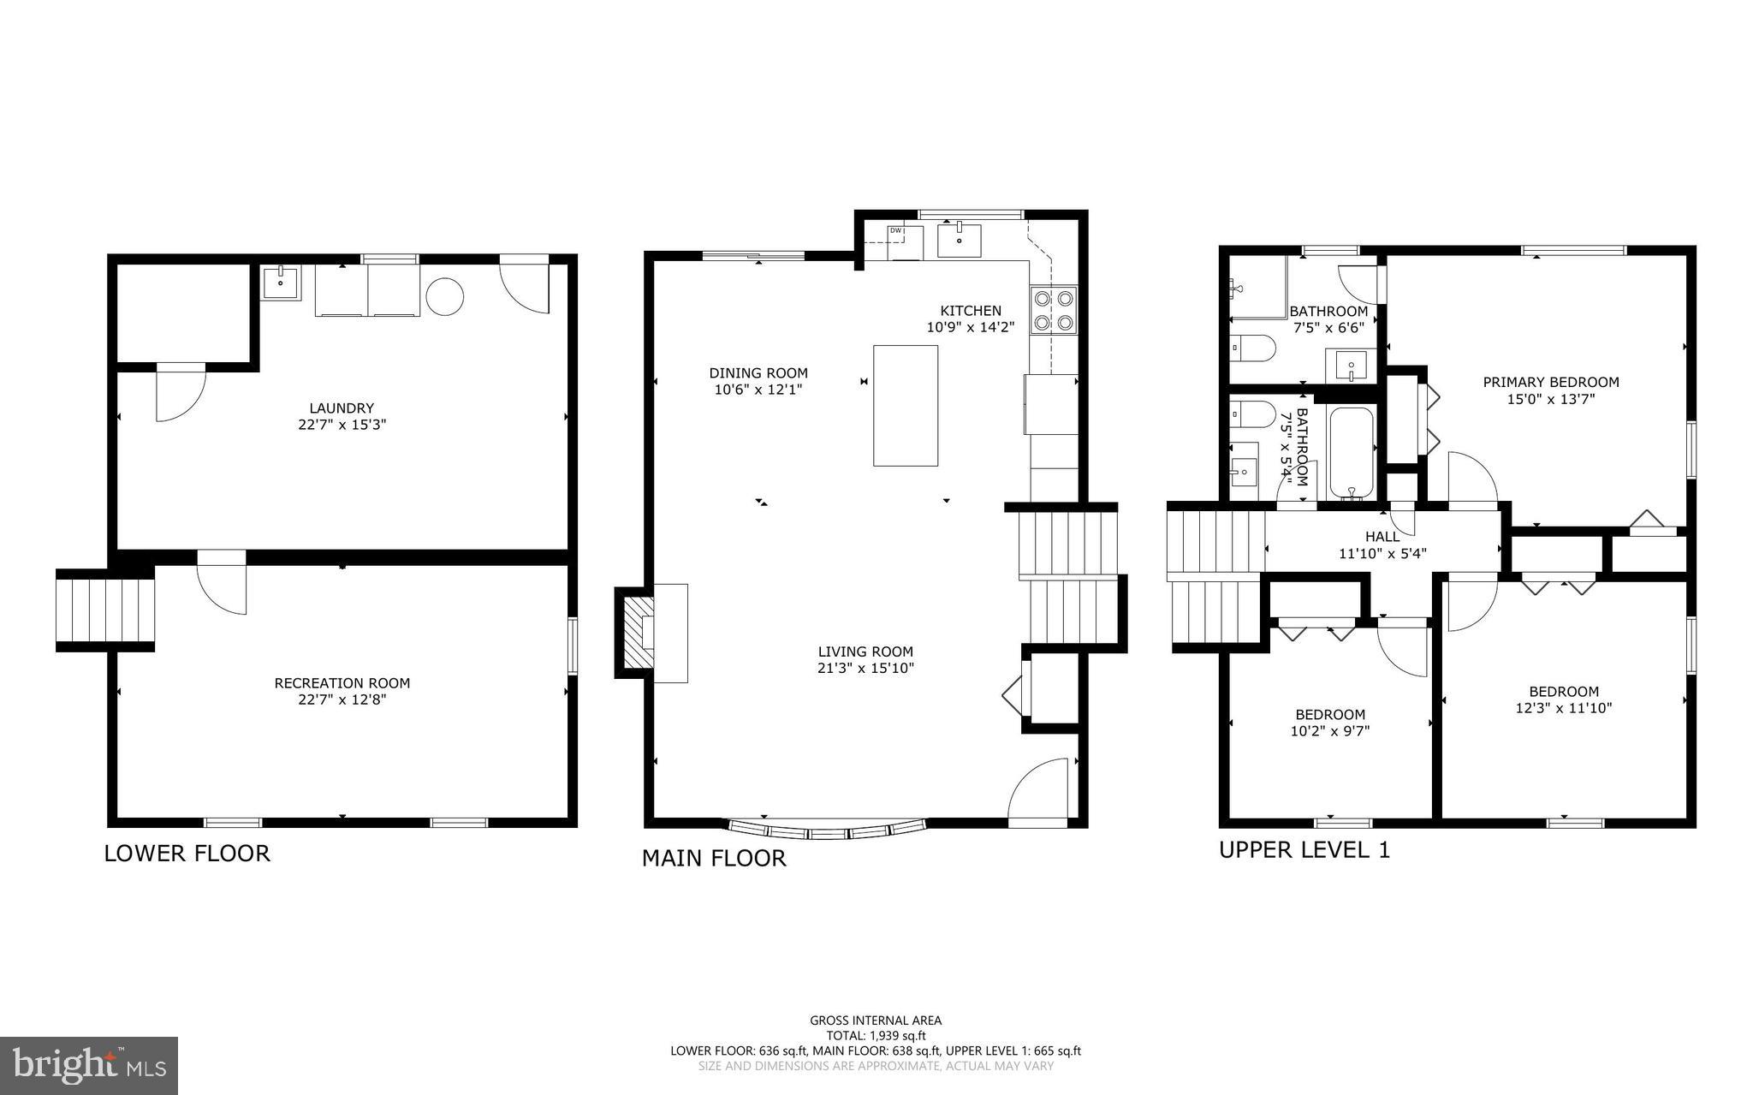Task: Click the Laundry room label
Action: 342,408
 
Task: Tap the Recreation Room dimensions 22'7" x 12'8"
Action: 342,699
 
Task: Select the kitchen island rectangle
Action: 905,405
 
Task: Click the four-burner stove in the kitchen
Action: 1053,311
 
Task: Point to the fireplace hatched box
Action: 636,633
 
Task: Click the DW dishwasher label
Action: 895,230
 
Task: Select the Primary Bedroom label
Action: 1550,383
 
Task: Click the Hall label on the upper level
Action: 1382,537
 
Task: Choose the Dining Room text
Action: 758,373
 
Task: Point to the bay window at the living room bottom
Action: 827,830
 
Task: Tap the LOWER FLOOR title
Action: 187,854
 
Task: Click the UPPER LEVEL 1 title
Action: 1304,850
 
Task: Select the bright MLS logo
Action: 89,1065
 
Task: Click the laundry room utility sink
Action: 281,282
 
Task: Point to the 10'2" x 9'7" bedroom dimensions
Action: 1329,731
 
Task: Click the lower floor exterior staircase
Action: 105,610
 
